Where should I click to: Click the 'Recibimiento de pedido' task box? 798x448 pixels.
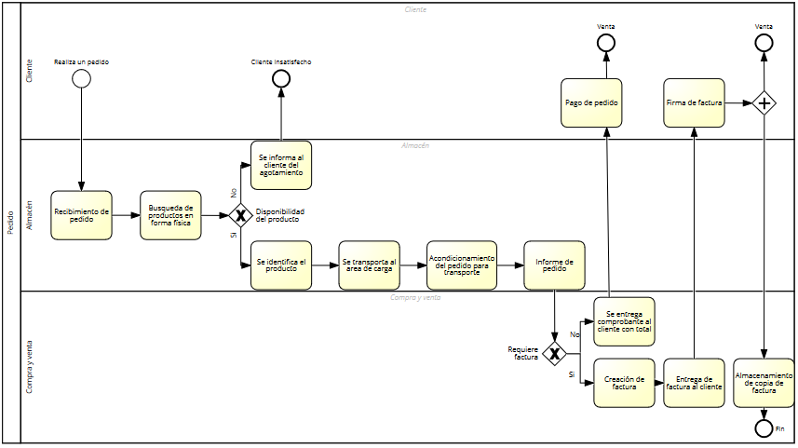click(x=81, y=215)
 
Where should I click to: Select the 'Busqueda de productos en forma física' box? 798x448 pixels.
click(x=170, y=215)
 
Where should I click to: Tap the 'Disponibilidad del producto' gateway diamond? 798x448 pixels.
click(x=239, y=215)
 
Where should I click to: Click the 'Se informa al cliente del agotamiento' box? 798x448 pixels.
click(x=281, y=165)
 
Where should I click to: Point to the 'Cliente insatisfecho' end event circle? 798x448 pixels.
click(x=281, y=78)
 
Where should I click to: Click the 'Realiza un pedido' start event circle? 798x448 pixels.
click(x=81, y=78)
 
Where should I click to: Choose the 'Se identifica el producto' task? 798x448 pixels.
click(x=281, y=265)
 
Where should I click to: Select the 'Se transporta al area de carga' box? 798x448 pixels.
click(x=369, y=265)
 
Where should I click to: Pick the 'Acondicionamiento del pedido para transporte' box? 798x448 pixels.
click(x=461, y=265)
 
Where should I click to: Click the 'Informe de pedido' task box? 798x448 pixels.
click(x=554, y=265)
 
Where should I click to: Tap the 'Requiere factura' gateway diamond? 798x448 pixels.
click(x=554, y=354)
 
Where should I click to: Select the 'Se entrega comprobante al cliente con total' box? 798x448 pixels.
click(x=624, y=321)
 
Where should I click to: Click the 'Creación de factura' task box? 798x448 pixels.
click(x=624, y=382)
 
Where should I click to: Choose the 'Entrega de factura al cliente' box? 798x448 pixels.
click(x=694, y=382)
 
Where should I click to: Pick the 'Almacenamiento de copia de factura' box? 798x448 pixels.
click(x=764, y=382)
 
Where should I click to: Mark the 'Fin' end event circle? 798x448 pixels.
click(x=764, y=428)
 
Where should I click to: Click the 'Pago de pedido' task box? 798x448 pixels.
click(x=591, y=102)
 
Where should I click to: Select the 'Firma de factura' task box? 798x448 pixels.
click(x=694, y=102)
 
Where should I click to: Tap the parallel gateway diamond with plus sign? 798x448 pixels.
click(x=764, y=102)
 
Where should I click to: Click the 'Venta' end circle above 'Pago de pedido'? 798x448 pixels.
click(x=605, y=43)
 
